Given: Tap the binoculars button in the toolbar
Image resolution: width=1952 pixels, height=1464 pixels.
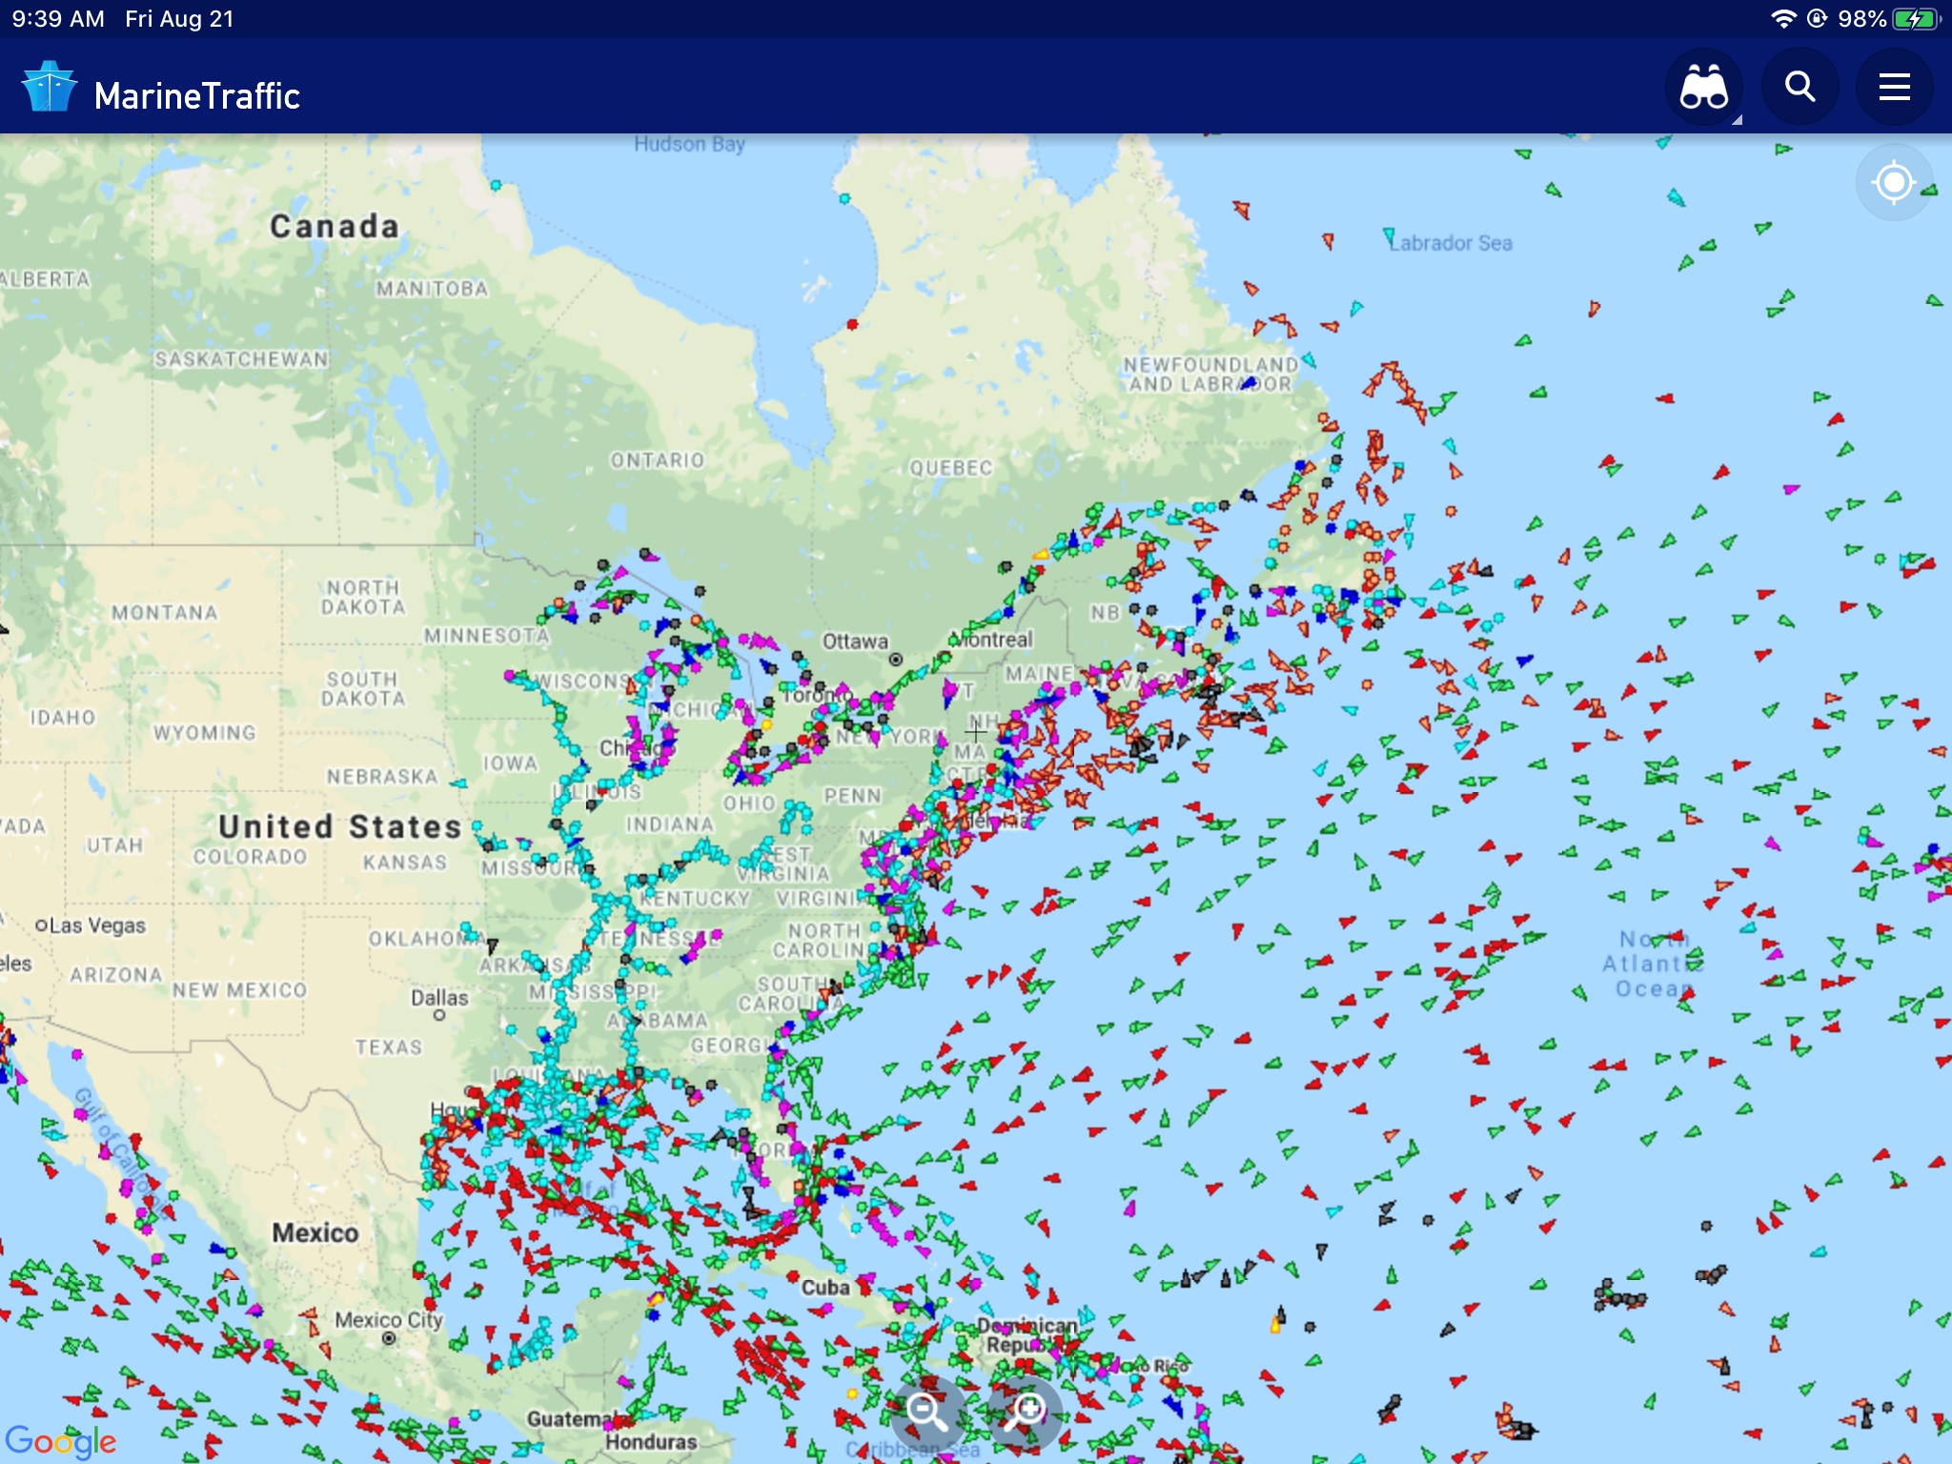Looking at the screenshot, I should click(1704, 88).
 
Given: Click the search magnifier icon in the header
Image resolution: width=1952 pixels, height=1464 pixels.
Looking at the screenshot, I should click(1799, 88).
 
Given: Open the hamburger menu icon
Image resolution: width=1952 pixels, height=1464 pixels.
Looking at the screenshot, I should click(1894, 88).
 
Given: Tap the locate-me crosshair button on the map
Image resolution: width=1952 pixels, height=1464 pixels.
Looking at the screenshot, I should click(1893, 182).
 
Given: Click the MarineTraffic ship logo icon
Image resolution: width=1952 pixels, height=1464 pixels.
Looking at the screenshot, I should click(49, 88).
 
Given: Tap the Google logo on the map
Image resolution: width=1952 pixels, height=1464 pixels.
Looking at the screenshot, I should click(60, 1441).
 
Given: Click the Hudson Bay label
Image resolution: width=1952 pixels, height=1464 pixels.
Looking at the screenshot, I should click(689, 144).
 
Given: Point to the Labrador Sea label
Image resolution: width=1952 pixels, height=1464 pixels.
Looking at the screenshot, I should click(1451, 243).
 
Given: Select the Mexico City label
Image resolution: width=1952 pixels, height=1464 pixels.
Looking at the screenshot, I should click(389, 1321).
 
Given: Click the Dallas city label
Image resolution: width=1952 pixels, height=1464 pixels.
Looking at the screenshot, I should click(439, 998).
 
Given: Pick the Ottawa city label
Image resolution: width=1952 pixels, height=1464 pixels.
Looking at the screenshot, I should click(855, 641).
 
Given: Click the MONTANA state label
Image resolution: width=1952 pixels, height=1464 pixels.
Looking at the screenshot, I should click(165, 613).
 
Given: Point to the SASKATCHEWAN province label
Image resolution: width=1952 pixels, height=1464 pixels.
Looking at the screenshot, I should click(241, 359).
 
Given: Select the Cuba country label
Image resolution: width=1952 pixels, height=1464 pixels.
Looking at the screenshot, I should click(824, 1288).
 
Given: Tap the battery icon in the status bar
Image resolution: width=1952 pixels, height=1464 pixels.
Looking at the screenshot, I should click(1916, 19).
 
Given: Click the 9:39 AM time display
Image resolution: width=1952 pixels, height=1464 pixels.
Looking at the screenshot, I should click(58, 19).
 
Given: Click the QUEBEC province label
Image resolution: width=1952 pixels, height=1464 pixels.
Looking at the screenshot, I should click(950, 468).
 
